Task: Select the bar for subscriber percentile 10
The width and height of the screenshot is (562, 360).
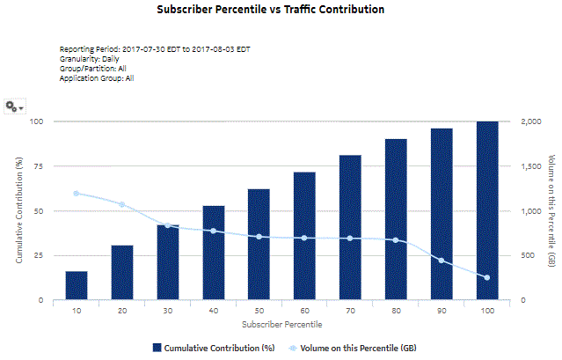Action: click(77, 285)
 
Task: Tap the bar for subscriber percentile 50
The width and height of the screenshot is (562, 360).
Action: click(259, 245)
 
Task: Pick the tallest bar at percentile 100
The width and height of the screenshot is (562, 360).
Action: click(487, 211)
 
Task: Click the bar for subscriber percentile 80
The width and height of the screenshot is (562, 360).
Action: click(396, 220)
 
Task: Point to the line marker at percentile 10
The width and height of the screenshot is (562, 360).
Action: click(77, 194)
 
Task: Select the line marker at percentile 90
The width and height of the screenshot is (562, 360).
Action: click(442, 261)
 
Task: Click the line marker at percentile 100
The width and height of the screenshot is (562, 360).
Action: click(487, 278)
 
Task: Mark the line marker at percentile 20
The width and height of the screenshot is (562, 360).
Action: click(122, 205)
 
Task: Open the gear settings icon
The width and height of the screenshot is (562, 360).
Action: click(12, 106)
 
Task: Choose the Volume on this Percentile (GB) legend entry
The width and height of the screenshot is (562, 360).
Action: click(352, 349)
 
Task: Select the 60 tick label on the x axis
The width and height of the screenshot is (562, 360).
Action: click(304, 311)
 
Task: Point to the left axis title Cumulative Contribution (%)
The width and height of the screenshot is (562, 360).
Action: click(18, 210)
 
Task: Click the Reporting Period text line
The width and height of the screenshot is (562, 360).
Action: click(155, 49)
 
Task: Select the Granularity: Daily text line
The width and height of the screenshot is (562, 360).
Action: click(91, 59)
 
